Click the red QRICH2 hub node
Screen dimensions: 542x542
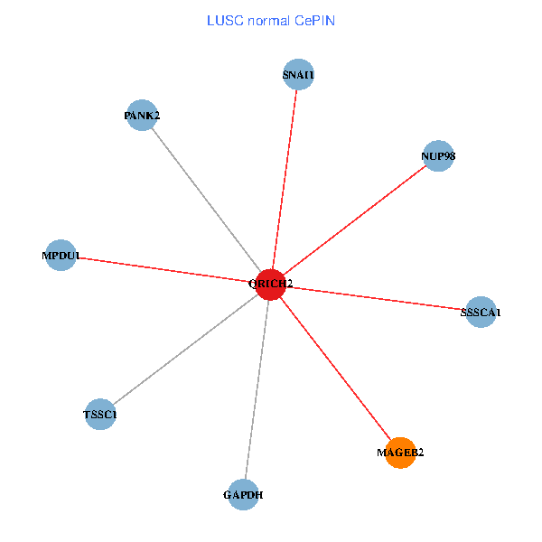tap(271, 284)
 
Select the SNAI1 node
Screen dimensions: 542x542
tap(298, 75)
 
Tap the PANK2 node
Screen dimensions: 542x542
tap(143, 115)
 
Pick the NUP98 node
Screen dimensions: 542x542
tap(437, 155)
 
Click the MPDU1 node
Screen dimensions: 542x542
tap(60, 256)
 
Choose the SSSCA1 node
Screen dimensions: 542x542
tap(481, 312)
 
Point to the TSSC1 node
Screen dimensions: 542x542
tap(99, 415)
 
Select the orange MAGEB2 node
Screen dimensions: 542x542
tap(400, 453)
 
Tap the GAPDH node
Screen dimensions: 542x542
tap(244, 494)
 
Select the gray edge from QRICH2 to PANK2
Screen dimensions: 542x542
tap(207, 199)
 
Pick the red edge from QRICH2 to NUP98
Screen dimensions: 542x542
tap(354, 220)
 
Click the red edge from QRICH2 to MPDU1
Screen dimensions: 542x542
tap(165, 269)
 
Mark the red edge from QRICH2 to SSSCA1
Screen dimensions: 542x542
tap(376, 298)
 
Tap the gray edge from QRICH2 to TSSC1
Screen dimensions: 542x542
tap(185, 349)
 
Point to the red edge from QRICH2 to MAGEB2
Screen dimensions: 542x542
tap(335, 368)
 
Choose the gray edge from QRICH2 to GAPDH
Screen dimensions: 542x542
tap(257, 388)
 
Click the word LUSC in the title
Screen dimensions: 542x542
tap(222, 20)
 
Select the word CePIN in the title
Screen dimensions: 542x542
tap(315, 20)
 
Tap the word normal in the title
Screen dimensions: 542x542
tap(267, 20)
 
